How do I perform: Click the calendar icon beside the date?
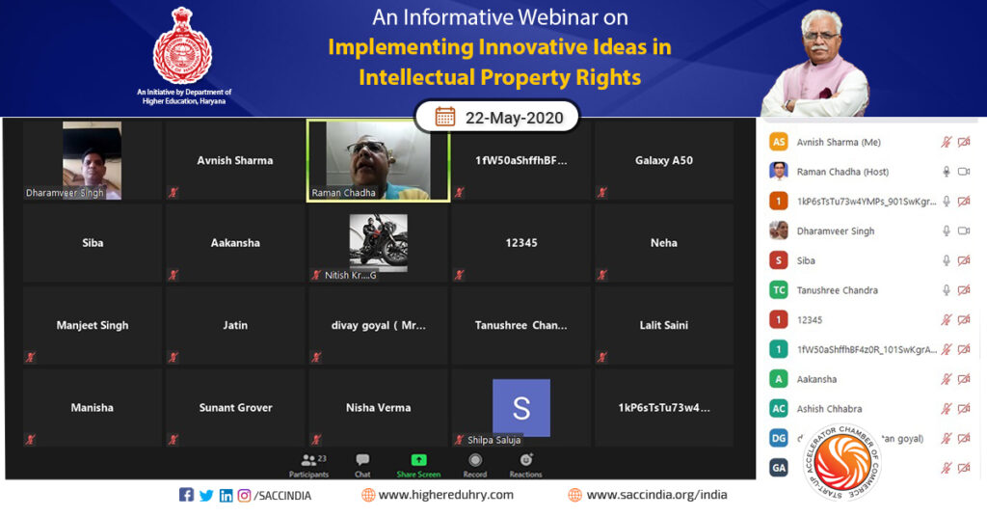445,118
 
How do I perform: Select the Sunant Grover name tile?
235,408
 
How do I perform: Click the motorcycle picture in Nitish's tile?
378,240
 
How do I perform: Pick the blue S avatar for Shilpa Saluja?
520,407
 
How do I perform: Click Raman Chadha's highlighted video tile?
378,160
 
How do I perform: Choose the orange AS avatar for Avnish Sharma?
778,142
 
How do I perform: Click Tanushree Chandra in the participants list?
837,290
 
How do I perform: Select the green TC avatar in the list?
778,290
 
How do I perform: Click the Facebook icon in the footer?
186,495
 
